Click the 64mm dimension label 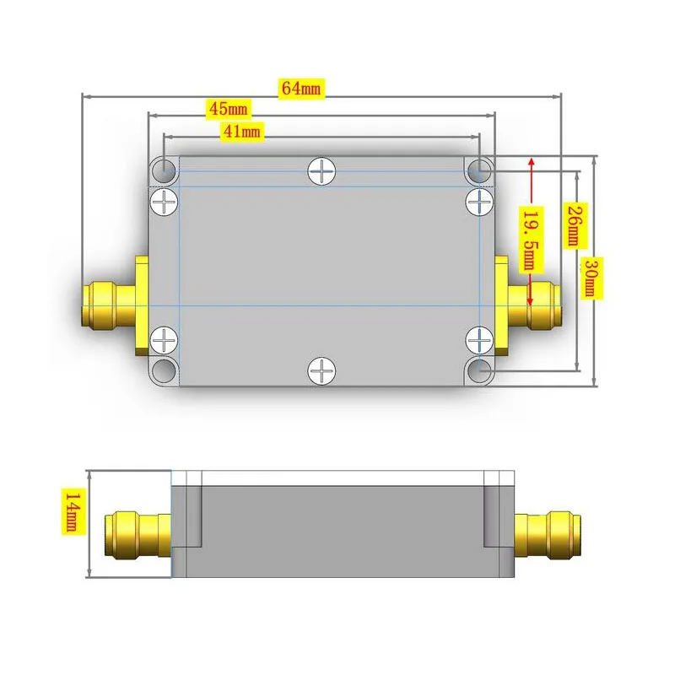pyautogui.click(x=301, y=89)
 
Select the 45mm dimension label pyautogui.click(x=228, y=109)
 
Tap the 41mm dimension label pyautogui.click(x=242, y=131)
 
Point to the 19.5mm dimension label pyautogui.click(x=533, y=240)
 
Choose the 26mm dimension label pyautogui.click(x=575, y=225)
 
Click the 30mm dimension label pyautogui.click(x=592, y=278)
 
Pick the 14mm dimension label pyautogui.click(x=73, y=511)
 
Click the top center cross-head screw pyautogui.click(x=321, y=171)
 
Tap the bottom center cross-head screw pyautogui.click(x=321, y=370)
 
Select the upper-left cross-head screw pyautogui.click(x=164, y=202)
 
